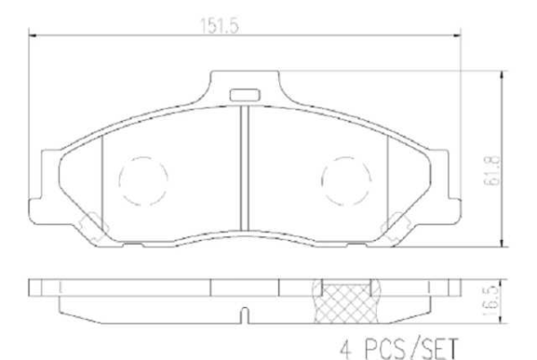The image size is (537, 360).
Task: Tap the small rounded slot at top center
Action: tap(243, 93)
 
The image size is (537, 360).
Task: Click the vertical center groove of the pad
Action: tap(243, 170)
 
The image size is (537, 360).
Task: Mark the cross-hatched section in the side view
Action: tap(342, 304)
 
